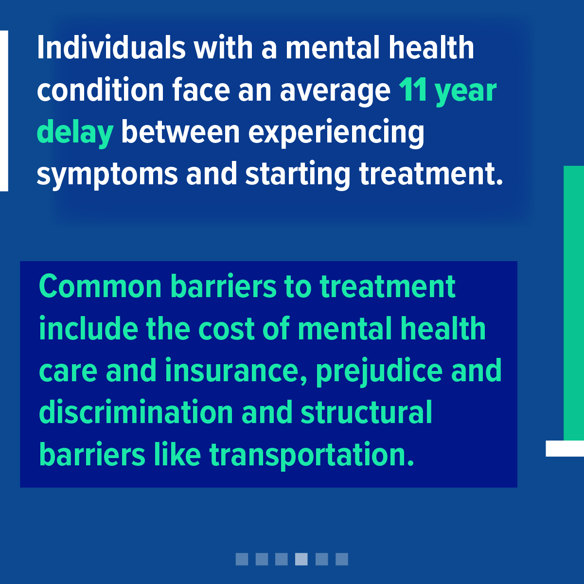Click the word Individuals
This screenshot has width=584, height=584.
(x=111, y=47)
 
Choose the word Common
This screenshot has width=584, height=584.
(x=100, y=286)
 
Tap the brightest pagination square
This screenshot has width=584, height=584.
(x=301, y=559)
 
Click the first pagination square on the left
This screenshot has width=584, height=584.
(x=242, y=559)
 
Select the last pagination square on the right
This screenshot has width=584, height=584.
(x=342, y=559)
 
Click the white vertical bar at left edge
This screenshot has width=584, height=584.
(x=4, y=111)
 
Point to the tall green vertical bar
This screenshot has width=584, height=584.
(x=574, y=303)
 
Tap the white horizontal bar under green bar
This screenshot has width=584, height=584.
(x=565, y=448)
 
